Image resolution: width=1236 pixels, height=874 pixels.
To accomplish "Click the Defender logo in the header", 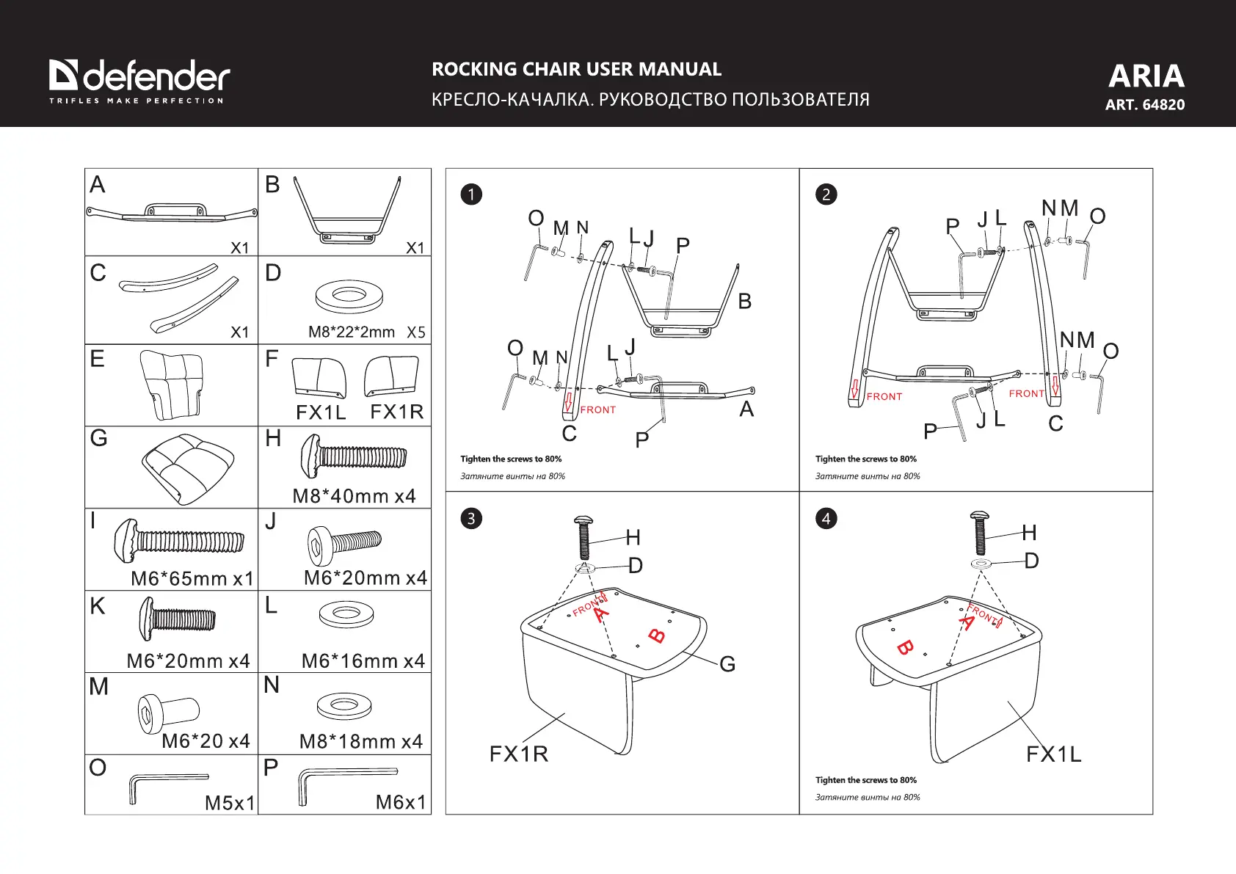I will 139,79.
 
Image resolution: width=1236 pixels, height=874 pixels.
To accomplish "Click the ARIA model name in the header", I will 1146,76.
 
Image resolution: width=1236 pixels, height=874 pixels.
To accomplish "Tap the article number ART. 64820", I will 1145,105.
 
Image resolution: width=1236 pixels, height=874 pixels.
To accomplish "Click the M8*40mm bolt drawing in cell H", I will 352,456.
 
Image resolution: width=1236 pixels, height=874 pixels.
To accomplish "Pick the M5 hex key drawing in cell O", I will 167,784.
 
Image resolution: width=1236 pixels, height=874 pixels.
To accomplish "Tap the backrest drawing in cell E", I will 172,384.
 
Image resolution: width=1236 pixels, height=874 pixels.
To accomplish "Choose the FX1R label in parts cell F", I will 397,412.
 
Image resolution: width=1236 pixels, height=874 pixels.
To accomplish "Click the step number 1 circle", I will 471,194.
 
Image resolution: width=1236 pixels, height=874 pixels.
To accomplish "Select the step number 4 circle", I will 826,519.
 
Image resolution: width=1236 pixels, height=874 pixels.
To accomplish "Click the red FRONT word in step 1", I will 598,410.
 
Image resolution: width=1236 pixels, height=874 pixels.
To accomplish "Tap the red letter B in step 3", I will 658,636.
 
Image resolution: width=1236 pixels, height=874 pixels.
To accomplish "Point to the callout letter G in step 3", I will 727,664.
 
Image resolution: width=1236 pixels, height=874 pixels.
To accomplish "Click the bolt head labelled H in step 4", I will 979,518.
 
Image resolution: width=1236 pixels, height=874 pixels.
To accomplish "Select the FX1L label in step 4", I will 1053,754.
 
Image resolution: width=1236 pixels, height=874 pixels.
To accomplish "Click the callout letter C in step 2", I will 1055,424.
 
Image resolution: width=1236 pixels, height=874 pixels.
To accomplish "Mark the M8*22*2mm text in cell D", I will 352,332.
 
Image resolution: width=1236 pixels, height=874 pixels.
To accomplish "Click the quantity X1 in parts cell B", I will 415,248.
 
